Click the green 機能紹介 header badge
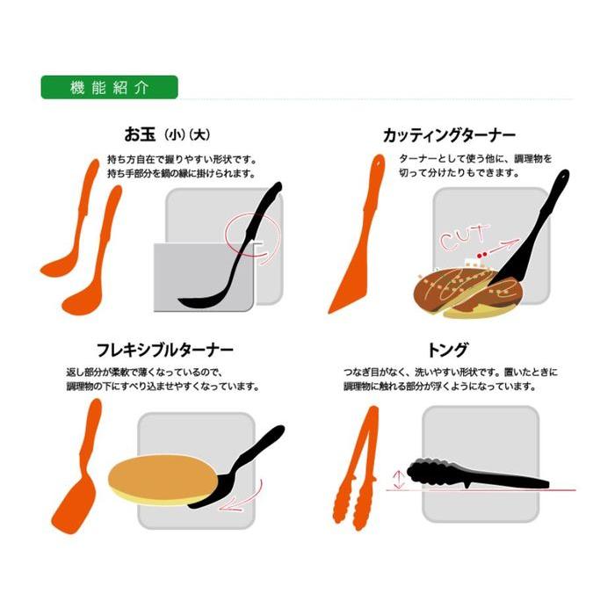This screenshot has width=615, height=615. [110, 87]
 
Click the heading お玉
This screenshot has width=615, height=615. [140, 135]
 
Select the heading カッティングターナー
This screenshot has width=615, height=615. [449, 135]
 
